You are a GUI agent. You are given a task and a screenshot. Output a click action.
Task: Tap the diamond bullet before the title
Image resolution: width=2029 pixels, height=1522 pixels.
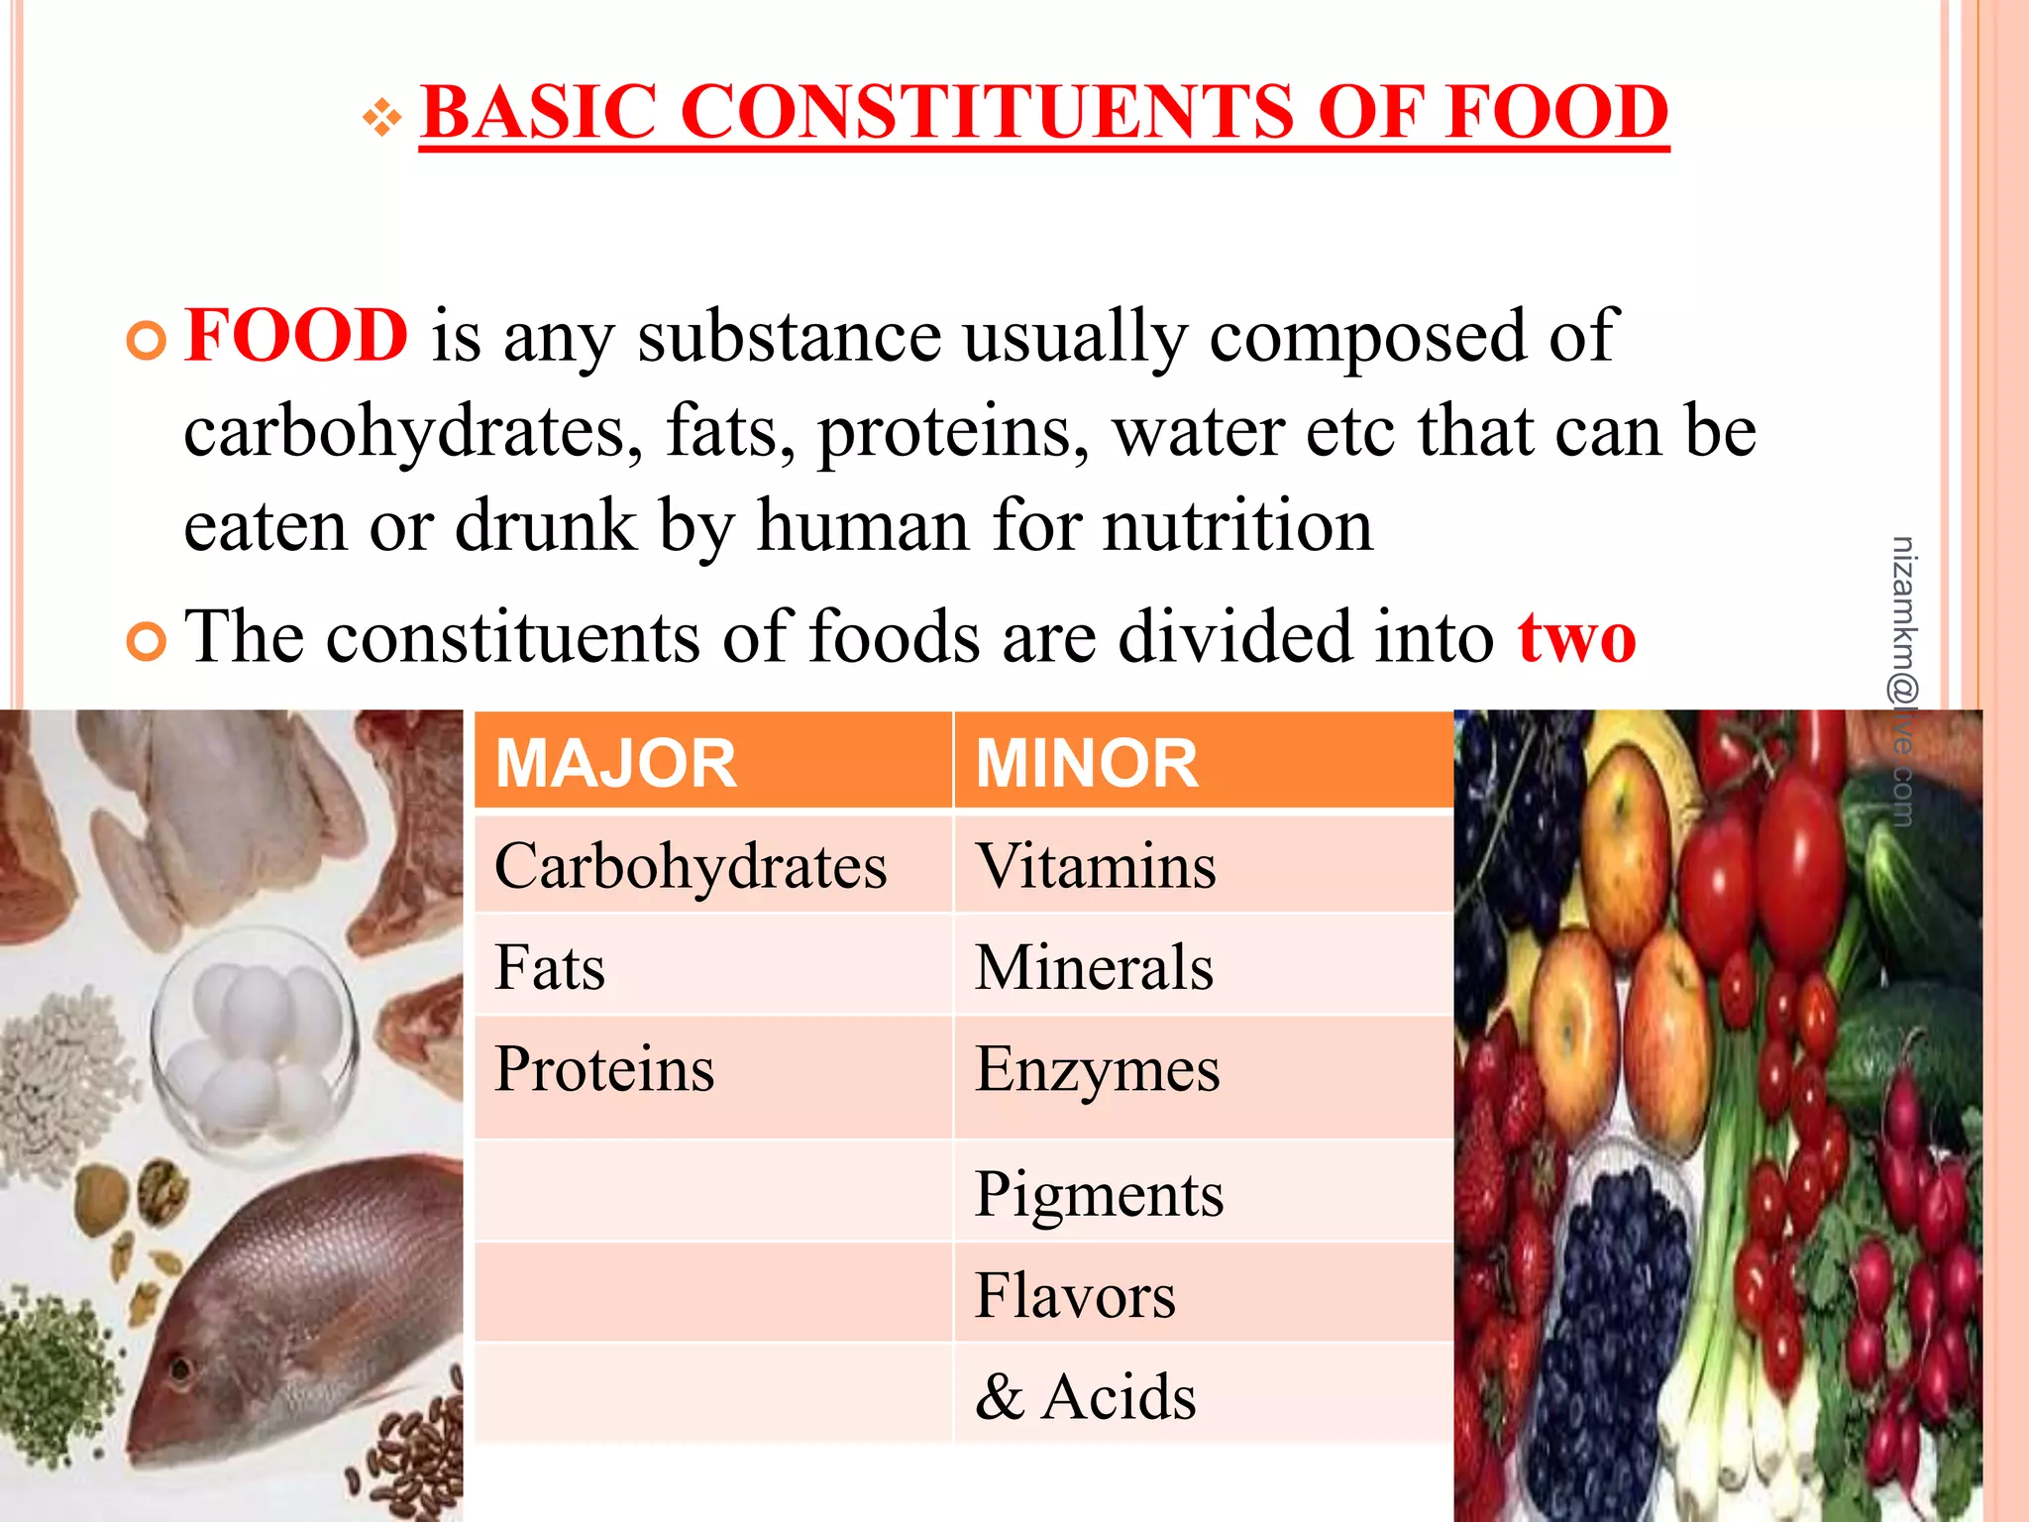(x=381, y=119)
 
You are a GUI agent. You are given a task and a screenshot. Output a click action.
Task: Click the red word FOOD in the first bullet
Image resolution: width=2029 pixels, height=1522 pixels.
(x=296, y=335)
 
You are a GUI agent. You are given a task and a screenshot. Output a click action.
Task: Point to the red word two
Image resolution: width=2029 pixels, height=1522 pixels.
(x=1576, y=636)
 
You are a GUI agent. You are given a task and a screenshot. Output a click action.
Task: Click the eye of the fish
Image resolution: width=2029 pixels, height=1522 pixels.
(x=180, y=1370)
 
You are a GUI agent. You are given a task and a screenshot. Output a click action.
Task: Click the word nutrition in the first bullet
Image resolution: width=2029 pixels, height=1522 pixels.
(x=1237, y=525)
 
